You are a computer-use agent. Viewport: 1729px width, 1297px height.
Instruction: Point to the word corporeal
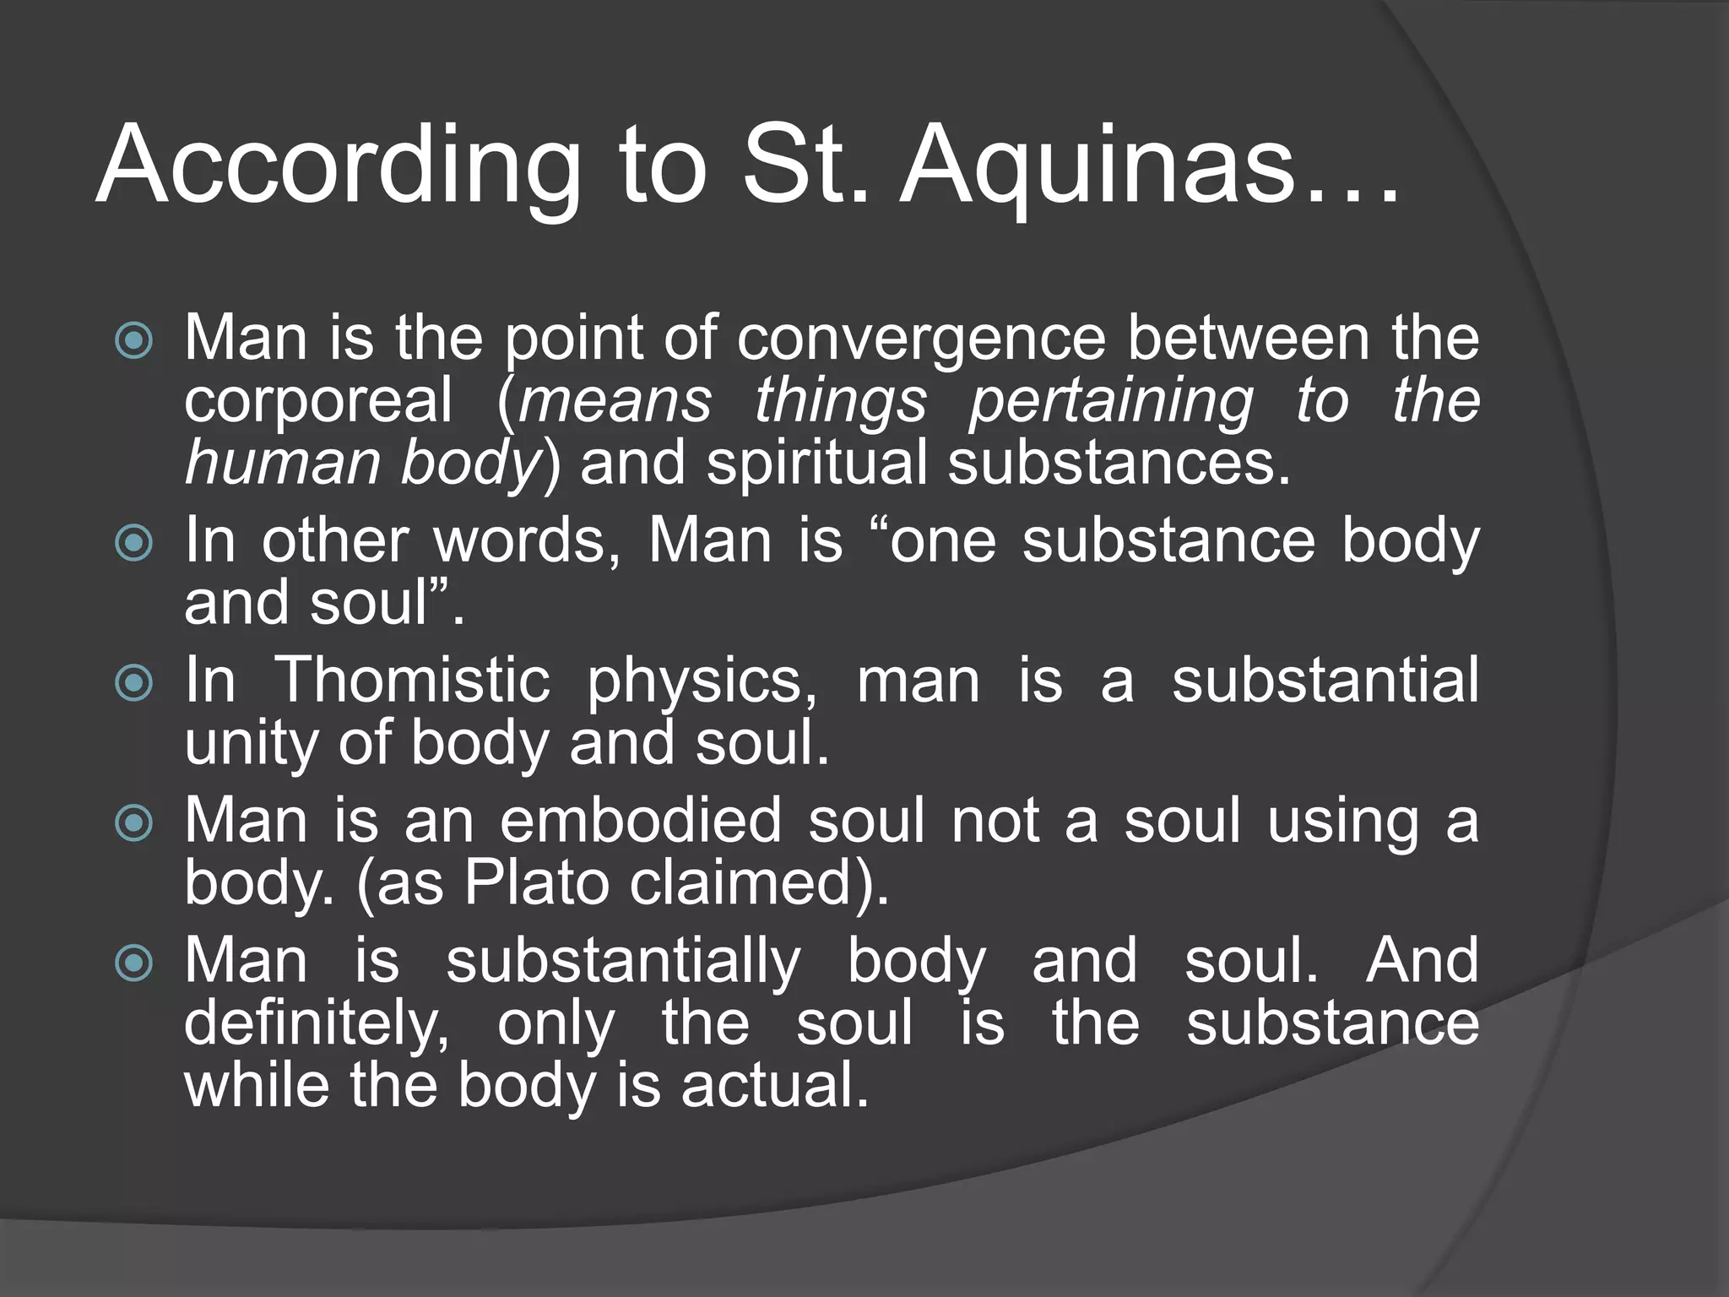coord(318,402)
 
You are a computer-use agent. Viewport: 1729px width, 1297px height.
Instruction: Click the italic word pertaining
coord(1111,402)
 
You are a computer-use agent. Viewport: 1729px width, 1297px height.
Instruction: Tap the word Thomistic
coord(414,681)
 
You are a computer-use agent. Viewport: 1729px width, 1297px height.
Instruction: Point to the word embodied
coord(641,822)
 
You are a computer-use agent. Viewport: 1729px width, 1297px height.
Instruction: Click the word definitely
coord(317,1024)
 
